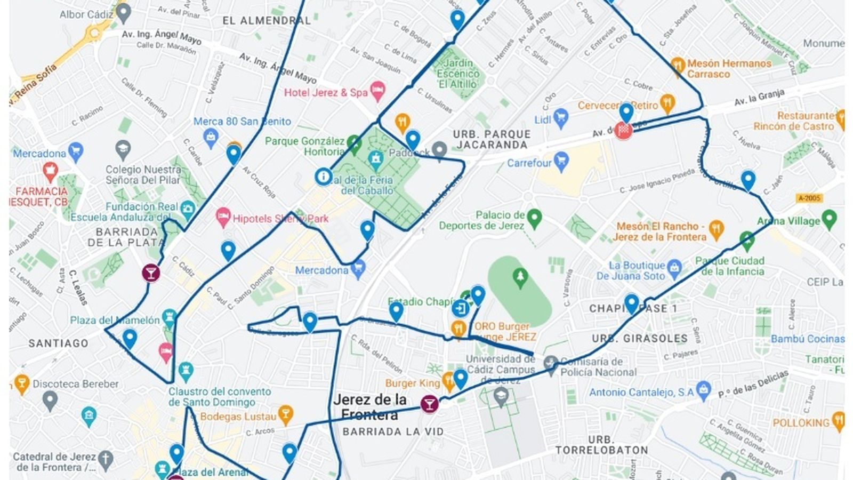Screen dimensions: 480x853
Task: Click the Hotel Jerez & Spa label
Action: click(326, 92)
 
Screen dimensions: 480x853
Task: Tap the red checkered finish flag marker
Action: click(623, 131)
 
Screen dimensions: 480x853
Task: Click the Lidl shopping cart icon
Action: click(560, 117)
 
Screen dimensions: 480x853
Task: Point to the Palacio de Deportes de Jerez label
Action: click(482, 220)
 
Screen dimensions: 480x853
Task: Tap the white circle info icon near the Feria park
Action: click(323, 177)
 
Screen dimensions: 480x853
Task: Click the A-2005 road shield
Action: click(809, 198)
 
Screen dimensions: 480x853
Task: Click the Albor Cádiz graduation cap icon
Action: click(124, 12)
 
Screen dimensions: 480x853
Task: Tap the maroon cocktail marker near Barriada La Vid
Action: click(429, 404)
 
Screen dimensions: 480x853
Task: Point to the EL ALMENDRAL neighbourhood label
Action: click(267, 21)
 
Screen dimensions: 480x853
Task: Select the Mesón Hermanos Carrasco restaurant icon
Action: click(677, 66)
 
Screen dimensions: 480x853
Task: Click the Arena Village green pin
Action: click(829, 218)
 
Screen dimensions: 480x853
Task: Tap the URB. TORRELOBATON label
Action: click(601, 445)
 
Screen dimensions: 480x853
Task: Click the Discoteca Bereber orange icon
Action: click(21, 382)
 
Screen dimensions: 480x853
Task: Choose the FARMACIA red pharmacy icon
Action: click(50, 171)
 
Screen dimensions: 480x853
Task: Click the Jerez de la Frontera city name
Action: click(369, 407)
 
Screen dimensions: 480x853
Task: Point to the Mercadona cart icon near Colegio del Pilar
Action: click(76, 151)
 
